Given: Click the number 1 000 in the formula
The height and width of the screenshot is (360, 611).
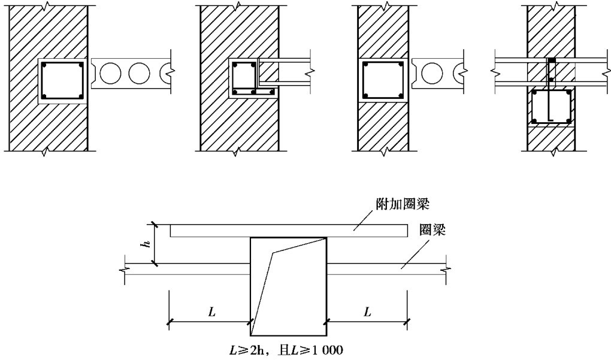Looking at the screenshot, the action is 327,350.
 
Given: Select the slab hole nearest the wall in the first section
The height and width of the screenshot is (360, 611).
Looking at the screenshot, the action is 110,73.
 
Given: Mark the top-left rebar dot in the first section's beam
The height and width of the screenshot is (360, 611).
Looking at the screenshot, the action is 44,65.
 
